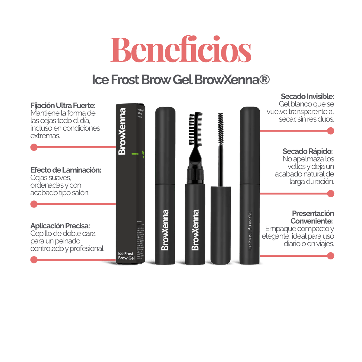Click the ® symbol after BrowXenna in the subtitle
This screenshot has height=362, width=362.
click(x=264, y=80)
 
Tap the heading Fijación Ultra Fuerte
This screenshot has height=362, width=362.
click(x=63, y=106)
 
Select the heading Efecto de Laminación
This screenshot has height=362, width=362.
click(x=66, y=170)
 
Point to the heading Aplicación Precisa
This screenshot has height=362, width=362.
click(x=60, y=226)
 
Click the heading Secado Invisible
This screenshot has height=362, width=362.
click(x=307, y=97)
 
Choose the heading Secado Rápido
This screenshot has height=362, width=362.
click(x=308, y=151)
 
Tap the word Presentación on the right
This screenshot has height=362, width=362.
click(x=313, y=214)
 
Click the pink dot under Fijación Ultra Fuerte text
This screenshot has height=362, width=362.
click(x=34, y=147)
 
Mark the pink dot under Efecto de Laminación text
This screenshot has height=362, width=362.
click(x=34, y=204)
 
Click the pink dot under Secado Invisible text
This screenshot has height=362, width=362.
click(x=331, y=131)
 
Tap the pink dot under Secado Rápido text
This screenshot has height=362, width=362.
click(x=331, y=193)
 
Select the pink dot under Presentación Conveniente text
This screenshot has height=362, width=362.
click(x=331, y=256)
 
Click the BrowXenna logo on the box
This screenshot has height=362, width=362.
click(x=122, y=132)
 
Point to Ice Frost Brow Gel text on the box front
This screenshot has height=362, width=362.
click(x=126, y=256)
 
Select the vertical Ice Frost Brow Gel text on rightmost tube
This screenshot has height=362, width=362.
click(x=250, y=230)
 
